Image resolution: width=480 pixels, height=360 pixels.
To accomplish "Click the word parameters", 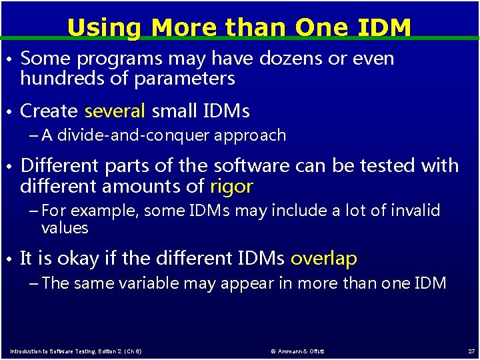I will click(185, 79).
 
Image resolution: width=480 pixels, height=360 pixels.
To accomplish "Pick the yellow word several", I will click(115, 111).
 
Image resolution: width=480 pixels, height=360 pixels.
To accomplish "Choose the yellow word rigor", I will click(231, 186).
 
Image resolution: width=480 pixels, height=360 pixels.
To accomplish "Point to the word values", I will click(65, 228).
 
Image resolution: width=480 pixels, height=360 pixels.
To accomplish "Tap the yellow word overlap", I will click(324, 258).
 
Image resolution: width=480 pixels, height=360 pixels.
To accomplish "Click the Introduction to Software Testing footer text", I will click(75, 351).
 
